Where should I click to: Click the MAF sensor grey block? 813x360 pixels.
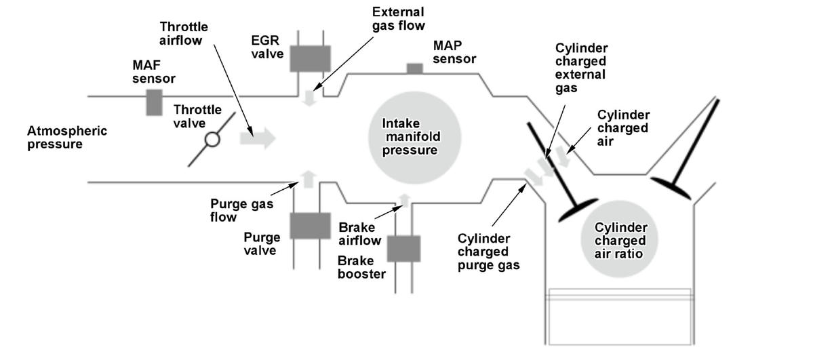153,102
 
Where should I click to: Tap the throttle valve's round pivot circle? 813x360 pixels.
213,140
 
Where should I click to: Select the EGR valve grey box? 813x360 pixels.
310,58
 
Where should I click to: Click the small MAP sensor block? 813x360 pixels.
414,68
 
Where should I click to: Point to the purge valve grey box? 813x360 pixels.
310,226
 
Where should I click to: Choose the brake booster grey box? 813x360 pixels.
404,248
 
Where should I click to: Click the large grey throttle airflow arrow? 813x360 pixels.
257,139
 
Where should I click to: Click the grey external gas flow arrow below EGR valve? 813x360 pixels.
310,98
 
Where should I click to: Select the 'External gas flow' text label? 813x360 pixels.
398,19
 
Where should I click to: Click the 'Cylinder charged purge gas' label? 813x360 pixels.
489,252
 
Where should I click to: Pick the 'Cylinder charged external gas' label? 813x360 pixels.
581,68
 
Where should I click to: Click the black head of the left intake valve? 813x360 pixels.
578,210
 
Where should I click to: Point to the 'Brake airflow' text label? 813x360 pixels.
360,234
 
